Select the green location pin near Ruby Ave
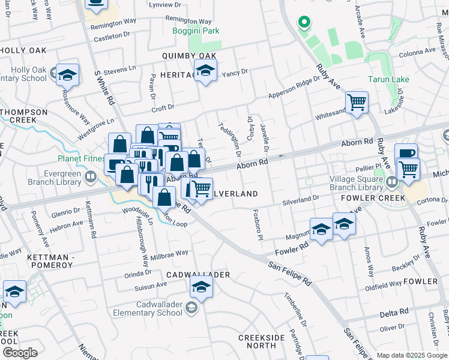coord(304,23)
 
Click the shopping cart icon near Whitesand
coord(357,103)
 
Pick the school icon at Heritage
coord(205,71)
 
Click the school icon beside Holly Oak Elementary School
coord(67,75)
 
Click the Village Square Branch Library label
coord(356,183)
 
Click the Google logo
coord(20,353)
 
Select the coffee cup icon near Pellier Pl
coord(406,153)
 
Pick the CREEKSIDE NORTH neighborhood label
coord(261,341)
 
